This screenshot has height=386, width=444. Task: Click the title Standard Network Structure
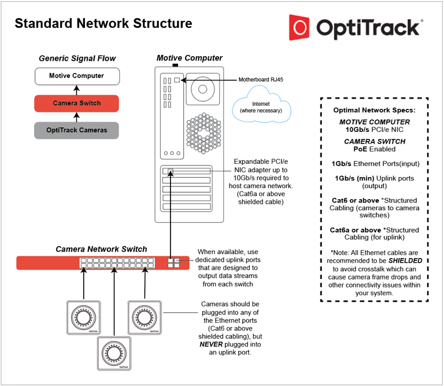(x=103, y=24)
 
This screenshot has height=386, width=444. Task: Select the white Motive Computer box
(x=76, y=76)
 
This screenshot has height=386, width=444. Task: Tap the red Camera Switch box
(x=76, y=103)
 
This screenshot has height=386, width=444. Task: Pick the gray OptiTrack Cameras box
(x=76, y=130)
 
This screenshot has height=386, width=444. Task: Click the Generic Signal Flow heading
(x=77, y=58)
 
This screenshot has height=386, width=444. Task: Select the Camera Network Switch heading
(x=101, y=249)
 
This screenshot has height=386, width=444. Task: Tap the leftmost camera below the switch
(x=84, y=317)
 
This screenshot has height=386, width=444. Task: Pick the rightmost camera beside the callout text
(x=144, y=317)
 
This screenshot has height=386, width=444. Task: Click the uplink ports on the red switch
(x=174, y=263)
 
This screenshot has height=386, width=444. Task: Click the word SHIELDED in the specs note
(x=397, y=260)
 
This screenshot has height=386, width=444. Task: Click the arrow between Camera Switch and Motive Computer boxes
(x=76, y=90)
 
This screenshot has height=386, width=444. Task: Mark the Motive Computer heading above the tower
(x=189, y=58)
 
